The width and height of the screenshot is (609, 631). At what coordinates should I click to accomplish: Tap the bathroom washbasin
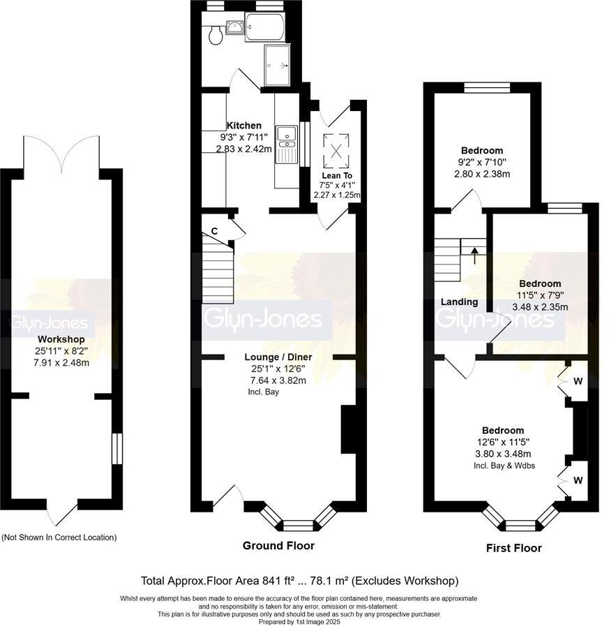(x=234, y=28)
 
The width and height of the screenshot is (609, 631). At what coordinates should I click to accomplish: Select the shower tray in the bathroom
(x=277, y=66)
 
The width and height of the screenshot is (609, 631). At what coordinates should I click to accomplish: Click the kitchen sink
(x=286, y=144)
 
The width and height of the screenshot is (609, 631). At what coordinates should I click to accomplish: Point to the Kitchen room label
(x=243, y=126)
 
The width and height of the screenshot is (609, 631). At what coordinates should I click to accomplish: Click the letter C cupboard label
(x=214, y=230)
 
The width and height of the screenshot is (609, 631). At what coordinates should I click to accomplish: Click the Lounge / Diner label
(x=278, y=357)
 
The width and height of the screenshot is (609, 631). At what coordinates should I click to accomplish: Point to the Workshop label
(x=59, y=339)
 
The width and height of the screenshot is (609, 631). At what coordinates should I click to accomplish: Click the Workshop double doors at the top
(x=63, y=155)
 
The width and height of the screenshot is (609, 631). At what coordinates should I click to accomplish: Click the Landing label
(x=460, y=302)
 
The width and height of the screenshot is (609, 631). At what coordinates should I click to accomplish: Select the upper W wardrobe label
(x=578, y=381)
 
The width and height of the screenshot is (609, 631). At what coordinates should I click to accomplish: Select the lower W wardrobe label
(x=578, y=480)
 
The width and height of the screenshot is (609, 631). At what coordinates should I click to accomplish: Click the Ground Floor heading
(x=278, y=545)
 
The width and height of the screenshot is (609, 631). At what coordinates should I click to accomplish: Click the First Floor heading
(x=513, y=548)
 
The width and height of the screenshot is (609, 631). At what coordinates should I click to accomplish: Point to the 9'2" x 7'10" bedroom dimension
(x=481, y=163)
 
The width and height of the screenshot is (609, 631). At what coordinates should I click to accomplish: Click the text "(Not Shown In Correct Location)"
(x=59, y=537)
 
